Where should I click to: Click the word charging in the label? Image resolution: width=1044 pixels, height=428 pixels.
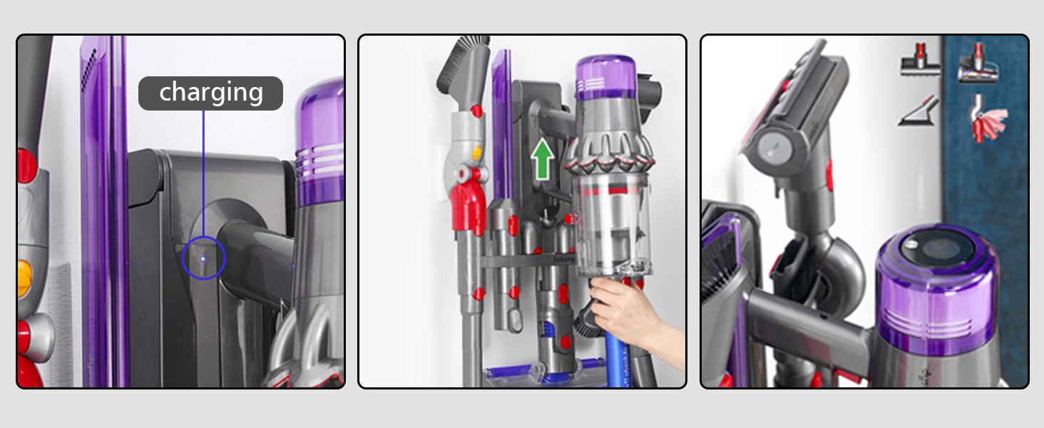point(211,93)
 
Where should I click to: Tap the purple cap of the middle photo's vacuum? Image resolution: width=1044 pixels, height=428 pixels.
point(605,77)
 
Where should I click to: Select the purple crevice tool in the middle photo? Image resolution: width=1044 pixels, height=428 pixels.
point(502,121)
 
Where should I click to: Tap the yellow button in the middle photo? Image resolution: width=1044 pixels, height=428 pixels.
point(476,153)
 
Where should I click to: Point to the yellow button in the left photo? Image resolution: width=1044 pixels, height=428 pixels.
point(25,277)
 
